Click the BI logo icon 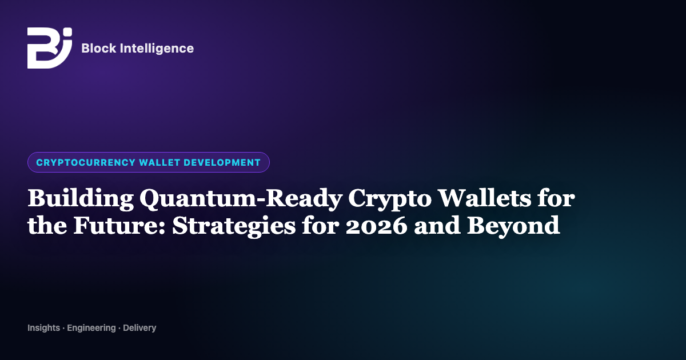pos(50,48)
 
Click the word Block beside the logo pos(98,49)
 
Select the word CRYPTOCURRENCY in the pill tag pos(86,162)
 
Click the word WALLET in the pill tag pos(159,162)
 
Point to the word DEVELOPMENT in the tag pos(222,162)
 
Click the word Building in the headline pos(81,199)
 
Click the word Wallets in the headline pos(484,198)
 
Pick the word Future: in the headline pos(119,226)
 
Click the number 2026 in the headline pos(377,226)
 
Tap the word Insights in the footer pos(44,328)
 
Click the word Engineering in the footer pos(91,328)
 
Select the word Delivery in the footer pos(139,328)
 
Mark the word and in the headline pos(437,225)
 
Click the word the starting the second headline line pos(47,225)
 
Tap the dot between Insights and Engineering pos(63,329)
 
